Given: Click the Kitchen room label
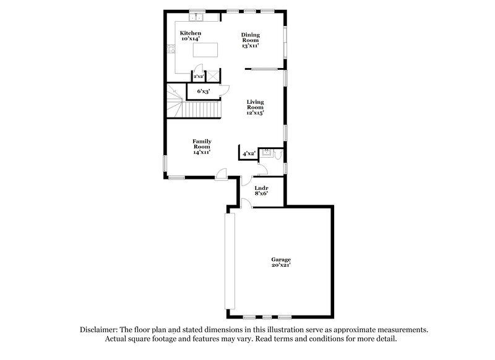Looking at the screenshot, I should coord(190,35).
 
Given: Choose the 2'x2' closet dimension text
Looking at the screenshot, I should coord(199,77).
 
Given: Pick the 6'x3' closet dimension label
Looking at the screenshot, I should coord(203,92).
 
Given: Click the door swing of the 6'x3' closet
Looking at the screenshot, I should coord(226,88).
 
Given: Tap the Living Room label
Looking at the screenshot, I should coord(256,108).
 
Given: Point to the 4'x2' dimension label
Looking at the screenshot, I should coord(248,153).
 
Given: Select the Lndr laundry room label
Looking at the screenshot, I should coord(260,190).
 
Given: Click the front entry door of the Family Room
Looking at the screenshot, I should coord(220,175).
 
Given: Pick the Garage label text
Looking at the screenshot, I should coord(280,262).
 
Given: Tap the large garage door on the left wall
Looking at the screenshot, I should coord(230,262).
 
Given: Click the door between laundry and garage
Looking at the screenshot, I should coord(246,204).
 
